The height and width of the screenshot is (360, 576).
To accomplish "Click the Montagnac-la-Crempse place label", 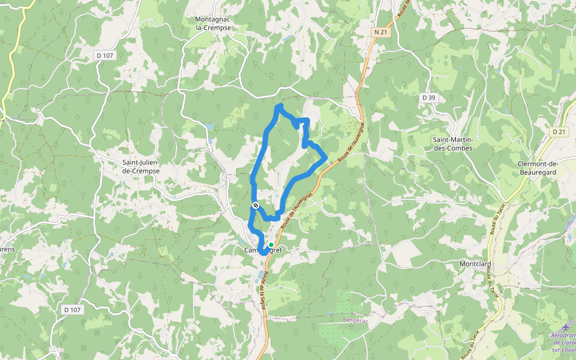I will tap(213, 23).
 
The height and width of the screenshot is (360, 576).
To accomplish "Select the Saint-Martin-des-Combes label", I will tap(453, 144).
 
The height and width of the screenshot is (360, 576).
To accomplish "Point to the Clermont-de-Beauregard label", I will tap(538, 167).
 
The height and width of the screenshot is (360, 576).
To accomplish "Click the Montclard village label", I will tap(475, 264).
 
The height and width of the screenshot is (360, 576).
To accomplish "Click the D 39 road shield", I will tap(428, 97).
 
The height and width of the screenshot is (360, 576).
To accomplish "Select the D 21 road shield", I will tap(559, 131).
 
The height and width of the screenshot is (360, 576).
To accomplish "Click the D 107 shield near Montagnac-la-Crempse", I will tap(105, 55).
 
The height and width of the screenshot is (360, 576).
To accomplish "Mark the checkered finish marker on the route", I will tap(256, 206).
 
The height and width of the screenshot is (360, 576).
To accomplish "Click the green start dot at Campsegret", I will tap(271, 245).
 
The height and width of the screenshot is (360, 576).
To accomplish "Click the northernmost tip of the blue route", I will tap(279, 107).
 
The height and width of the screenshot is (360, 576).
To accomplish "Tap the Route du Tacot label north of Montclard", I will tap(496, 223).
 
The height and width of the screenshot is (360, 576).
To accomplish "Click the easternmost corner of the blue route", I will tap(326, 158).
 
